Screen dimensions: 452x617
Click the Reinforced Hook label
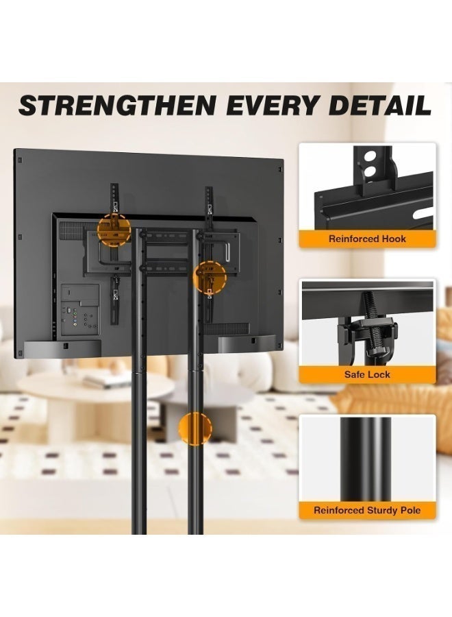(367, 239)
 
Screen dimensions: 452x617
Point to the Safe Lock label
(367, 374)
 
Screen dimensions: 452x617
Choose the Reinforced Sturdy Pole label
(367, 510)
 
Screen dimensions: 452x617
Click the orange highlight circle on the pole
(195, 428)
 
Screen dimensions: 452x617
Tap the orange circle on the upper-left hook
(114, 230)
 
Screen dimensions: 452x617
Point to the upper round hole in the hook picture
(369, 156)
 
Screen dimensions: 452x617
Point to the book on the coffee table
(106, 380)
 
